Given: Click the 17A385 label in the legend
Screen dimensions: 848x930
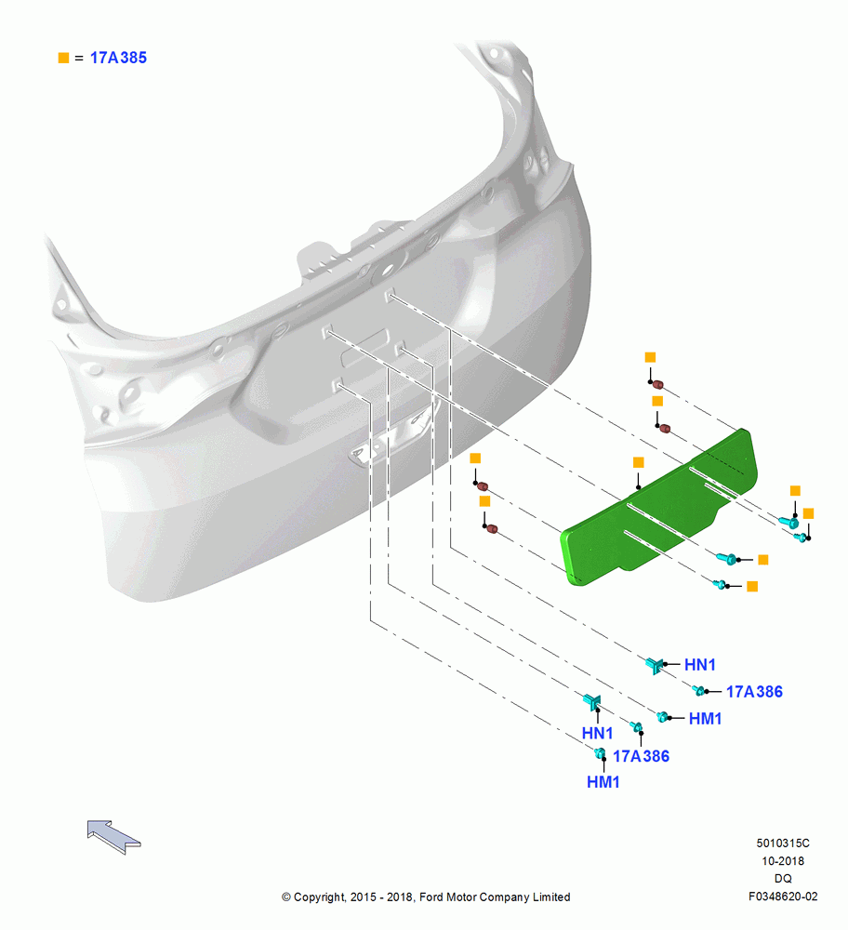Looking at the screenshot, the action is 118,58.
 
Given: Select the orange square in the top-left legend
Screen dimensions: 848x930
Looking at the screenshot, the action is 63,58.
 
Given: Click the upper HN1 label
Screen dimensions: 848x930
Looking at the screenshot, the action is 700,665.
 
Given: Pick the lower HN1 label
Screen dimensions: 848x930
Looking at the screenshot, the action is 597,733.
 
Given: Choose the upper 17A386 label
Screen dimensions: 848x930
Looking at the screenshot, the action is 754,692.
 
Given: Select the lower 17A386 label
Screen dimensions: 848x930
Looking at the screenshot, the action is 641,756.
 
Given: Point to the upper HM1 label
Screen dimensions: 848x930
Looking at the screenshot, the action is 705,719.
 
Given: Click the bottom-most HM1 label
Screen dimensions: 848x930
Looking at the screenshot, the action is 603,782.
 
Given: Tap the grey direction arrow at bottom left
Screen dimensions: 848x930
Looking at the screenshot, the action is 113,836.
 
